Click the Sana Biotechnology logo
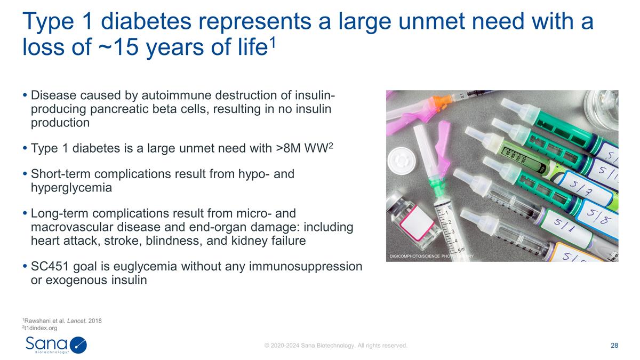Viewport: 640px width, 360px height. pyautogui.click(x=55, y=344)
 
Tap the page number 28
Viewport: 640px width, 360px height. pyautogui.click(x=614, y=346)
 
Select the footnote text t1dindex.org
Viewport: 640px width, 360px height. pyautogui.click(x=41, y=328)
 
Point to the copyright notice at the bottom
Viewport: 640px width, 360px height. pyautogui.click(x=336, y=346)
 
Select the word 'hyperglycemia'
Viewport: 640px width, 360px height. pyautogui.click(x=71, y=188)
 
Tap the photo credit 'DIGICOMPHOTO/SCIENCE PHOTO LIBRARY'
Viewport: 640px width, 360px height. pyautogui.click(x=431, y=257)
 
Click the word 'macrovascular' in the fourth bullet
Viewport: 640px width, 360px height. pyautogui.click(x=72, y=228)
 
